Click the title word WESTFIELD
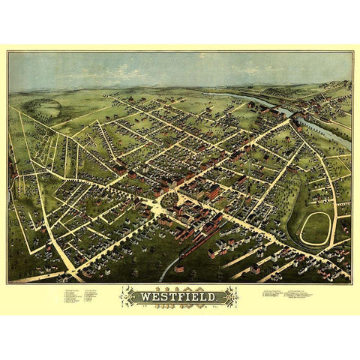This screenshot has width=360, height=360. click(179, 297)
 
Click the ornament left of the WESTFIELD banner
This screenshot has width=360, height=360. click(127, 297)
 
